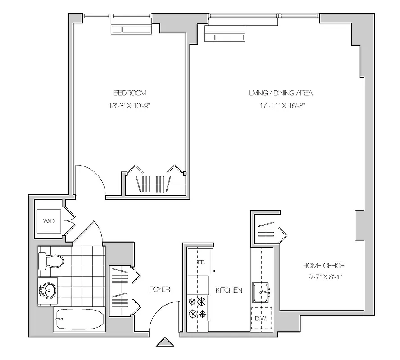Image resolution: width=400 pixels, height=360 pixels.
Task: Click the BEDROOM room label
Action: point(130,93)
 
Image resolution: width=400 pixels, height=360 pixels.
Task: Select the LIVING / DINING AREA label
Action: point(280,93)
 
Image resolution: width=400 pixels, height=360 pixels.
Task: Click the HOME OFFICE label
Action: point(323,265)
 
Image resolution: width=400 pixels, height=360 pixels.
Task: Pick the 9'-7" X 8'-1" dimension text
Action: point(323,277)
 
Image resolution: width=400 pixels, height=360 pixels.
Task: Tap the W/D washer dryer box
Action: point(49,221)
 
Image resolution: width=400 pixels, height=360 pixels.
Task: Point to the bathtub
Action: point(80,320)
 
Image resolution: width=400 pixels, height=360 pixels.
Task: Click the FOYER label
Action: point(159,289)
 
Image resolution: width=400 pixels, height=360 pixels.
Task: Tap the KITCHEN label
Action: point(228,290)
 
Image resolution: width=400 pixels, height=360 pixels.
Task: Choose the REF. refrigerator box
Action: point(200,261)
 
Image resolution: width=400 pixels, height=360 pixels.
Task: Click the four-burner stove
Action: point(198,307)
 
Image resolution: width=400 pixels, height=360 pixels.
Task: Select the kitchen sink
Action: point(262,293)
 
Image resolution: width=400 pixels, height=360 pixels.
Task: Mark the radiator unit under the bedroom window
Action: point(131,29)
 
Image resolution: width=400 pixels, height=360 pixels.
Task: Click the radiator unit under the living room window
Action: point(225,33)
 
